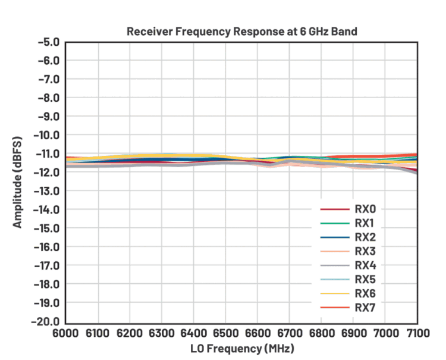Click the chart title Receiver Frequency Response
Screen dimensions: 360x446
(241, 32)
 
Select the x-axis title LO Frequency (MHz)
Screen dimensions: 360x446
(241, 348)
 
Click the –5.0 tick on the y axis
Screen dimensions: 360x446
(48, 42)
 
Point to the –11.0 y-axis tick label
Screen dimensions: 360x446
(46, 154)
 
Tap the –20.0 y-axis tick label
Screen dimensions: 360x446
(46, 321)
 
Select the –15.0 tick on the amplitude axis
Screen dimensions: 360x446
(46, 228)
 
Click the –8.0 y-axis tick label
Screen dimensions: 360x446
(48, 98)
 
